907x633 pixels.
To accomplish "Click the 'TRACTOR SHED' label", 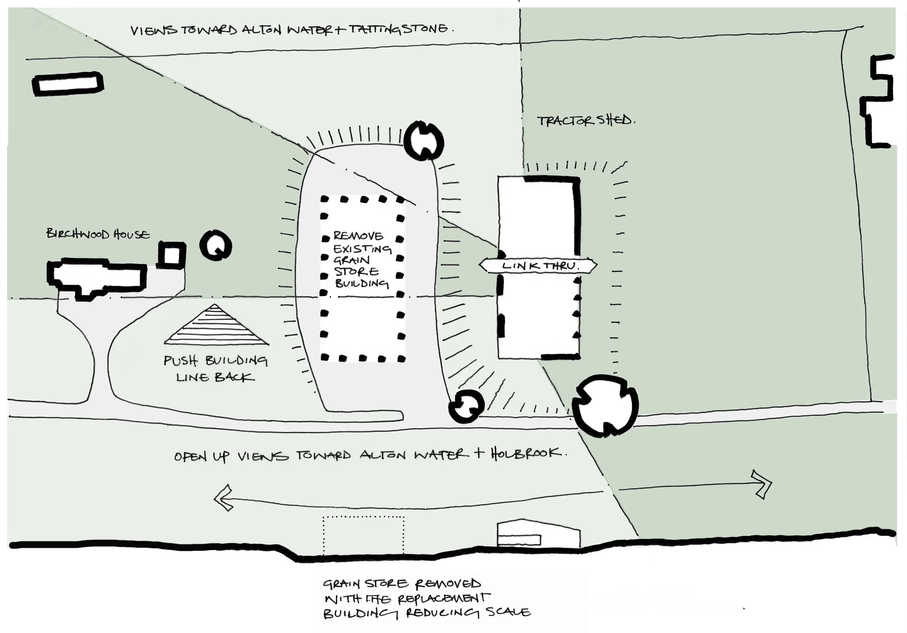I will coord(586,120).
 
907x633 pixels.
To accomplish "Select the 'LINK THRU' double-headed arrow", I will coord(538,266).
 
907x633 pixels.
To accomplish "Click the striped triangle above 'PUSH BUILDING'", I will coord(216,326).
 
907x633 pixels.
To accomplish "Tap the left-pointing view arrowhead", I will coord(222,498).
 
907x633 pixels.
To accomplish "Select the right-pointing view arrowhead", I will coord(762,484).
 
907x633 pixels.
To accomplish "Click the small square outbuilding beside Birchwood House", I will coord(172,255).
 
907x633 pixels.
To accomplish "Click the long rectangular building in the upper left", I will coord(68,84).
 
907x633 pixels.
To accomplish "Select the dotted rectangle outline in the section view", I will coord(364,535).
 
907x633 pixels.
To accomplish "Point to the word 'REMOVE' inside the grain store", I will coord(358,236).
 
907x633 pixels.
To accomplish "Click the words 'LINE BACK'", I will coord(215,377).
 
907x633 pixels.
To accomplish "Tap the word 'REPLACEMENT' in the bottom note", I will coord(444,599).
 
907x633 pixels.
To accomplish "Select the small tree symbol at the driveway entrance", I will coord(466,406).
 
